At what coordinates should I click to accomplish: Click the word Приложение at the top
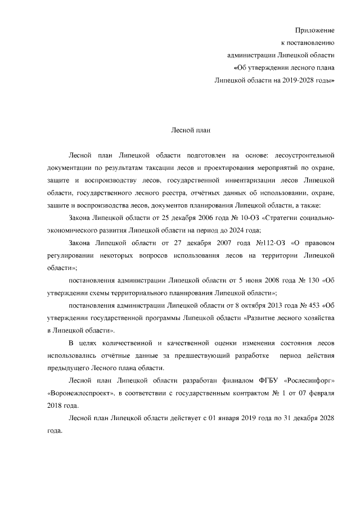(315, 29)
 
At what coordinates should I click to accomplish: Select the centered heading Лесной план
(191, 130)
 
